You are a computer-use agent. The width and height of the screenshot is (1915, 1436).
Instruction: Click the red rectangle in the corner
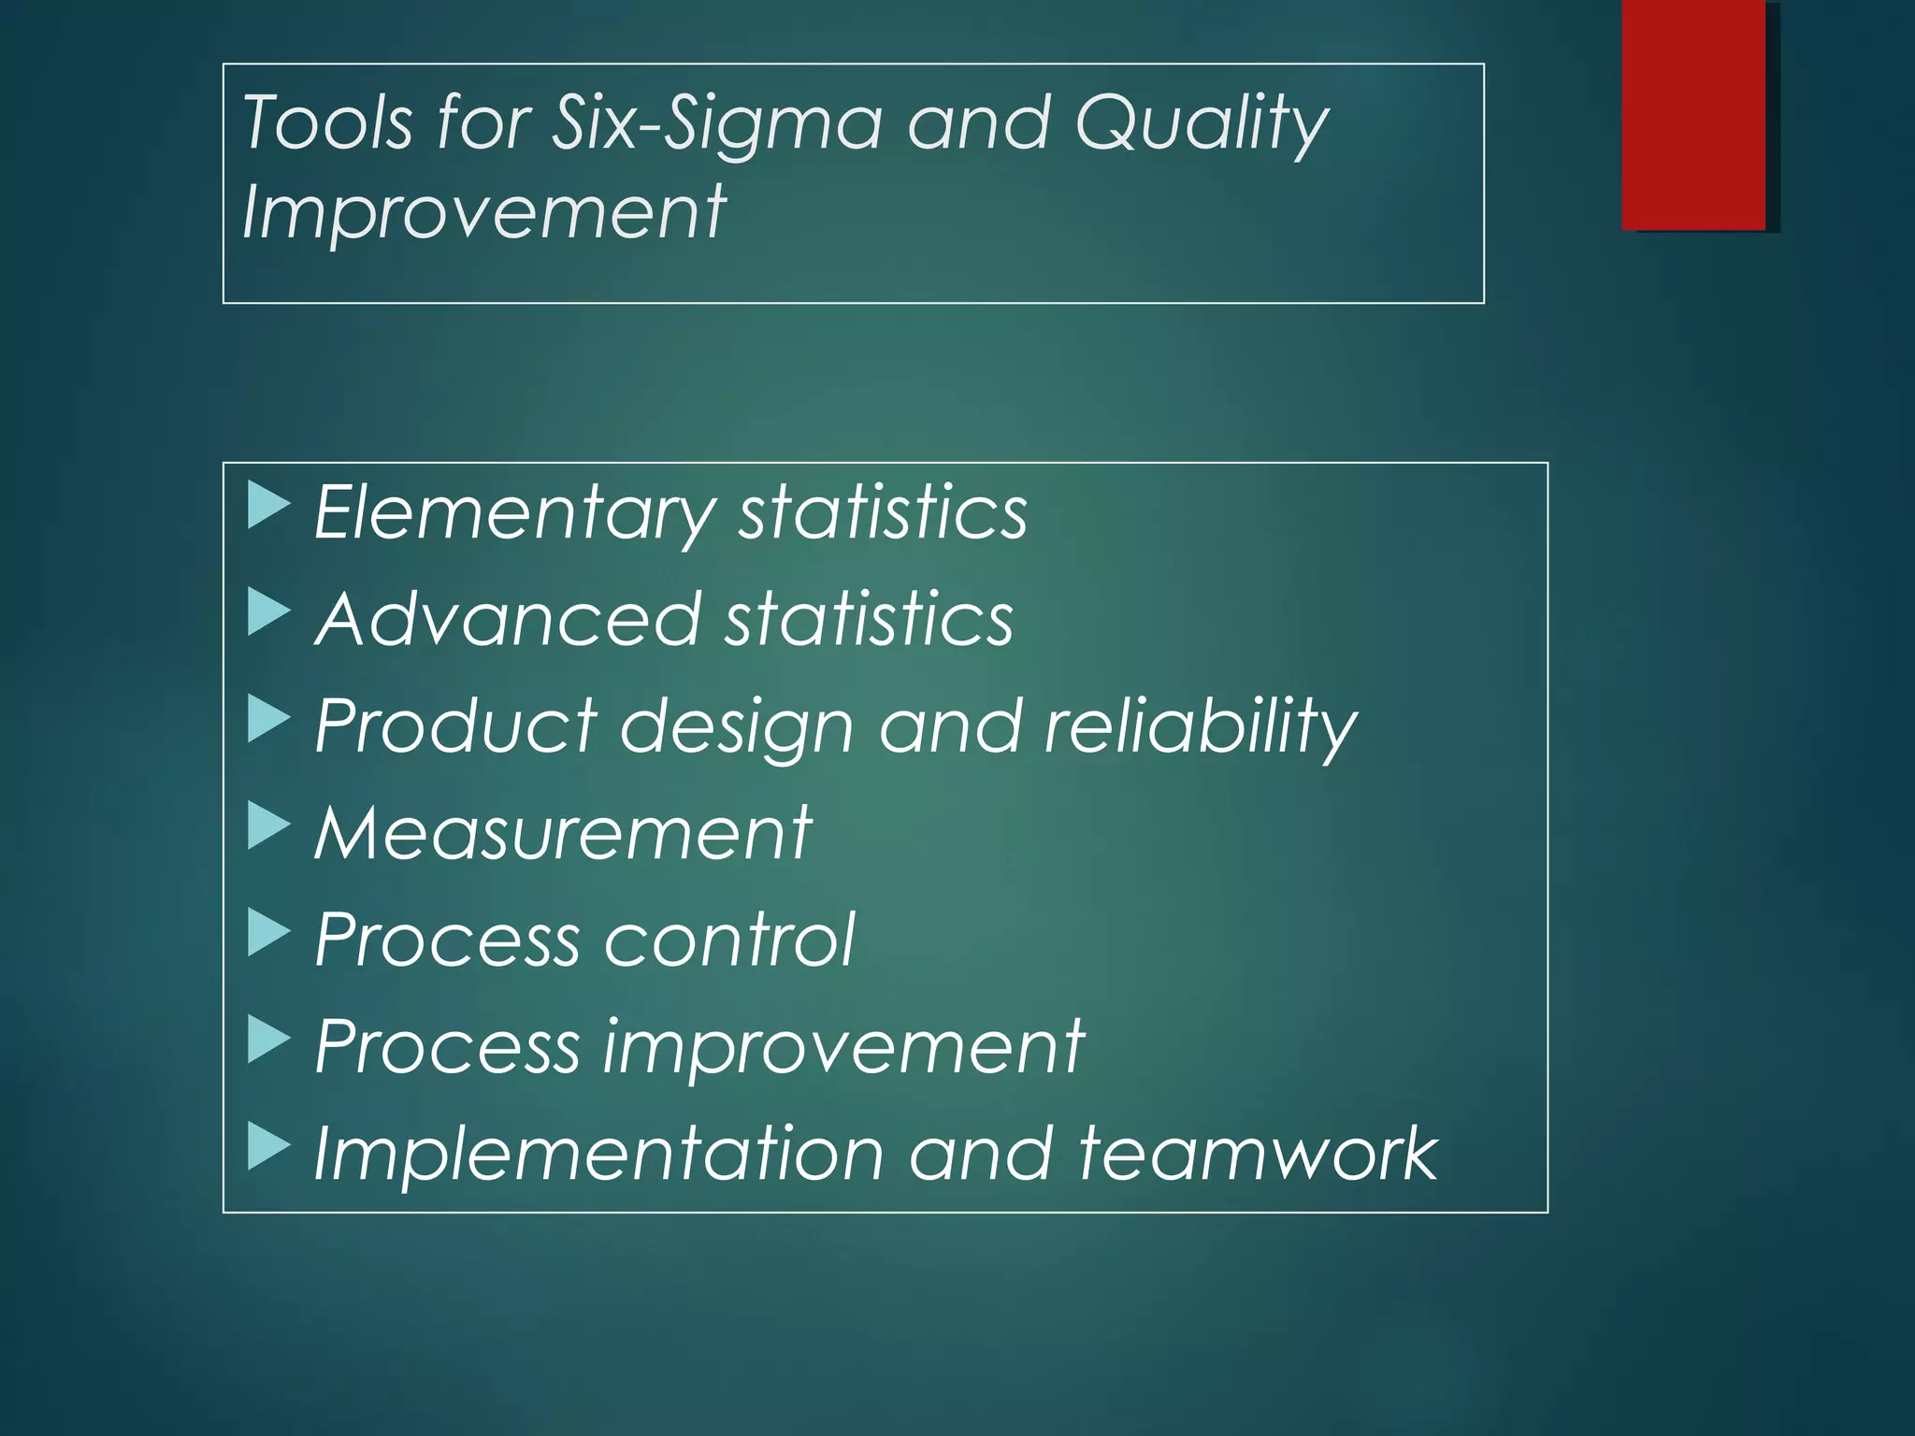(1693, 114)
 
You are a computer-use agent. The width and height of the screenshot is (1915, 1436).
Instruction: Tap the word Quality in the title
(1201, 124)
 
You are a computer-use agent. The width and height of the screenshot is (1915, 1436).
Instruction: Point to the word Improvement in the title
(483, 213)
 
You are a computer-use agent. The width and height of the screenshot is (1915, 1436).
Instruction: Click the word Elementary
(513, 513)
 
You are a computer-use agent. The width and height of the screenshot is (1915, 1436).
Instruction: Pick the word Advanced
(508, 619)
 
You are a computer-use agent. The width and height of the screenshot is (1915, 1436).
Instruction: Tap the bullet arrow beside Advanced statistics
(267, 613)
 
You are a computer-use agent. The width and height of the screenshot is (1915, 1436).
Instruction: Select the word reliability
(1200, 727)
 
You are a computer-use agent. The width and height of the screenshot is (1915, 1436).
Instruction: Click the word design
(737, 727)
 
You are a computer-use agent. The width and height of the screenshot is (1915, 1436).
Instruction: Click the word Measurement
(563, 833)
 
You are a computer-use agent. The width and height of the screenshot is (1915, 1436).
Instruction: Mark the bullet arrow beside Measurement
(267, 826)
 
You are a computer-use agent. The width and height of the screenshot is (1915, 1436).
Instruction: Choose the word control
(729, 940)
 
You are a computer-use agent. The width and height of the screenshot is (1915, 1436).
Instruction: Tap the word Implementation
(598, 1154)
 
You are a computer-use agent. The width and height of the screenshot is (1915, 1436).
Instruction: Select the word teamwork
(1258, 1154)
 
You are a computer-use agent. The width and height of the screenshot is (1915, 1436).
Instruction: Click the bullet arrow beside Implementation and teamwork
(267, 1147)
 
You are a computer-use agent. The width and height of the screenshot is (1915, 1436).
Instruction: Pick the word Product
(455, 725)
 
